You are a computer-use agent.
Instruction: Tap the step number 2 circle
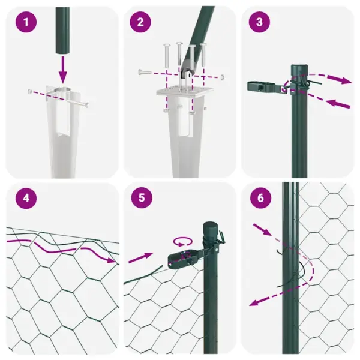point(140,23)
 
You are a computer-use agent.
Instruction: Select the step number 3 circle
point(259,23)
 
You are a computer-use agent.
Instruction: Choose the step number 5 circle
point(140,199)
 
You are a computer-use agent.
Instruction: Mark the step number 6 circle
point(259,199)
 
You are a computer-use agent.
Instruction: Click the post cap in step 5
point(211,227)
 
